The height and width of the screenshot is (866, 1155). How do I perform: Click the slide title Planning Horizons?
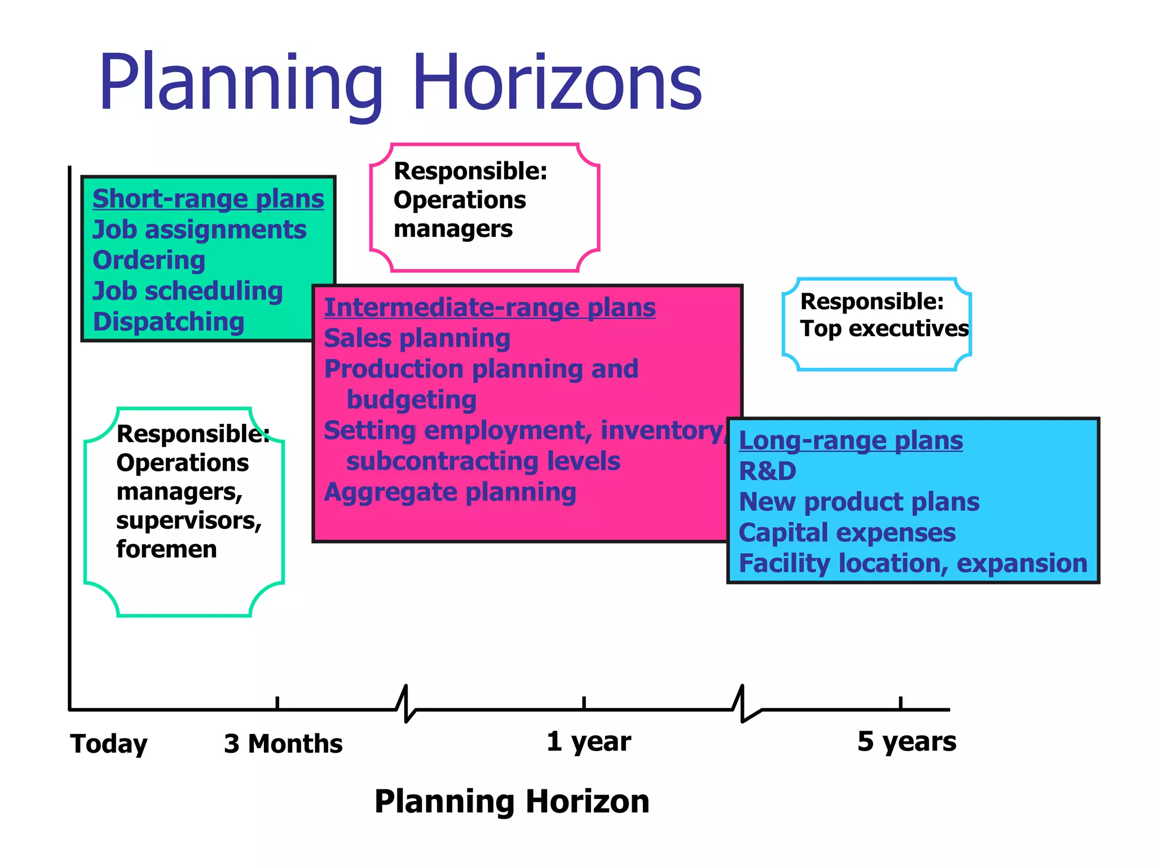tap(400, 83)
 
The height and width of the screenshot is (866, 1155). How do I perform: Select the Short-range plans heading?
tap(208, 199)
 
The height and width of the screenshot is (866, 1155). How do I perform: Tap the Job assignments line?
tap(199, 230)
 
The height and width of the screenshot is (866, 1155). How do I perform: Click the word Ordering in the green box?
tap(149, 260)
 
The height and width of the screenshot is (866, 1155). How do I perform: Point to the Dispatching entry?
tap(168, 322)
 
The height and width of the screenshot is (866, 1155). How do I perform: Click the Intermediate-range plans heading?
tap(490, 308)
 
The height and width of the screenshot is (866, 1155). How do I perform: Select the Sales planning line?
tap(417, 338)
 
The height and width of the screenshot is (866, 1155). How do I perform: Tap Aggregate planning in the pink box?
tap(449, 492)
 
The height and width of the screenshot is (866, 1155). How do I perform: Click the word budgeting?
tap(411, 400)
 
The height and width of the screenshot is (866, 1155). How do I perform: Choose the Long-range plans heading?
tap(850, 440)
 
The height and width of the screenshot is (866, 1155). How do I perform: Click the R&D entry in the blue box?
tap(767, 471)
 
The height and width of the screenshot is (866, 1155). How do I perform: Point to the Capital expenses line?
tap(847, 533)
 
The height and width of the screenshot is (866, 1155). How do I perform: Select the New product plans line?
tap(859, 502)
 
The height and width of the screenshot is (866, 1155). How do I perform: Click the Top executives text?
tap(884, 329)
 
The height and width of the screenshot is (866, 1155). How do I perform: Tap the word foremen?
tap(166, 549)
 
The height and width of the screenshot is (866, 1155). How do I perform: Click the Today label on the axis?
tap(109, 744)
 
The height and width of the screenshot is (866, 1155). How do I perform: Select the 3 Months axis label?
tap(283, 744)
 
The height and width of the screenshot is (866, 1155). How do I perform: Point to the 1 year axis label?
tap(588, 741)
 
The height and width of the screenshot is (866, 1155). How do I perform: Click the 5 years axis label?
tap(906, 741)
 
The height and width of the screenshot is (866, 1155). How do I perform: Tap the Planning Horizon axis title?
tap(512, 801)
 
